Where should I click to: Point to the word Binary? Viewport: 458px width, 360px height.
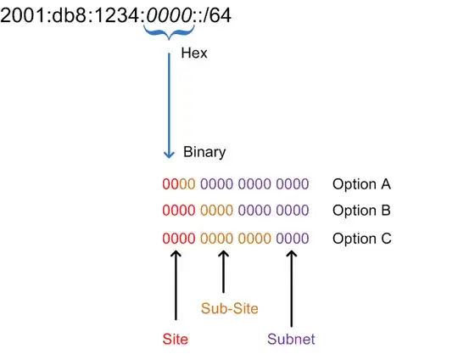[204, 153]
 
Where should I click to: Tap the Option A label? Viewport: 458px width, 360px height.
[361, 184]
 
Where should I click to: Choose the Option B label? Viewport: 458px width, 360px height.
[361, 211]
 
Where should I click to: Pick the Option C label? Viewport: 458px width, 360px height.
[361, 238]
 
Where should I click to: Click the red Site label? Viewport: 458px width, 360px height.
[175, 339]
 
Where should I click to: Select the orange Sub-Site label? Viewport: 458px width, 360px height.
[229, 309]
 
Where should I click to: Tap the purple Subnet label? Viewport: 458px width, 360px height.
[291, 339]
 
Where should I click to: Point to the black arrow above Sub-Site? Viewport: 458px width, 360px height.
[223, 270]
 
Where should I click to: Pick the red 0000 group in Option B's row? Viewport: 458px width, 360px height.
[178, 211]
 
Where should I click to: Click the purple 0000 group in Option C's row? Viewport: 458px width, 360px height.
[292, 238]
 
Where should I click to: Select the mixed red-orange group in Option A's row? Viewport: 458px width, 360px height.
[178, 184]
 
